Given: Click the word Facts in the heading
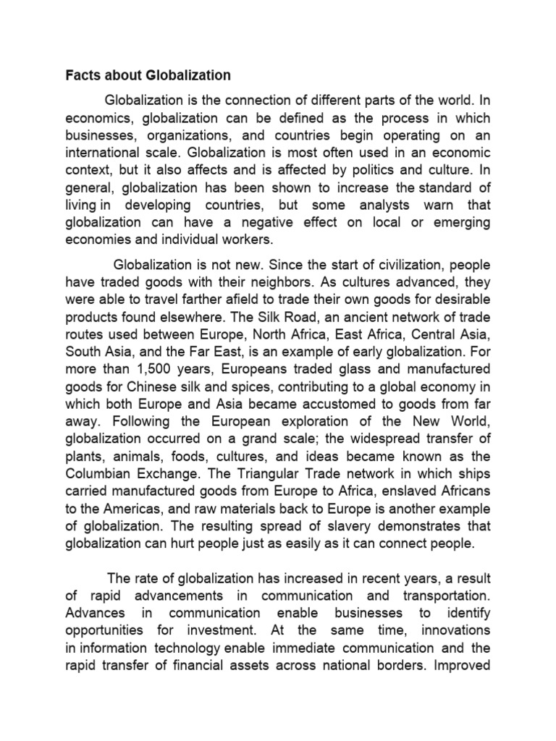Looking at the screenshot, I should coord(83,75).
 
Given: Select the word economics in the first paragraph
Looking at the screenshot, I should coord(98,119).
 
